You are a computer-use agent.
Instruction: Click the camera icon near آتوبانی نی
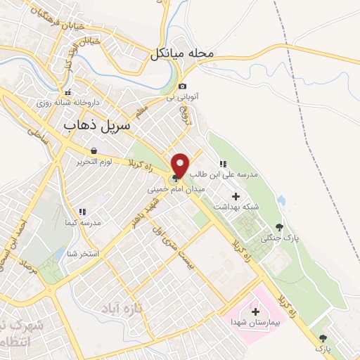[183, 86]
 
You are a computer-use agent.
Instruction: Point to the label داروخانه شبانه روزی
[68, 103]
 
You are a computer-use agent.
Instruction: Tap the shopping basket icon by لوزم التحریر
[94, 150]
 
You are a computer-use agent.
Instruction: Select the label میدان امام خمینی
[169, 190]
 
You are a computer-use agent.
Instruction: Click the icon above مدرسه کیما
[82, 211]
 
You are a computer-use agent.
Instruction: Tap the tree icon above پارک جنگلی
[280, 226]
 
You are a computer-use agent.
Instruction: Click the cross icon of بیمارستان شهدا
[255, 311]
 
